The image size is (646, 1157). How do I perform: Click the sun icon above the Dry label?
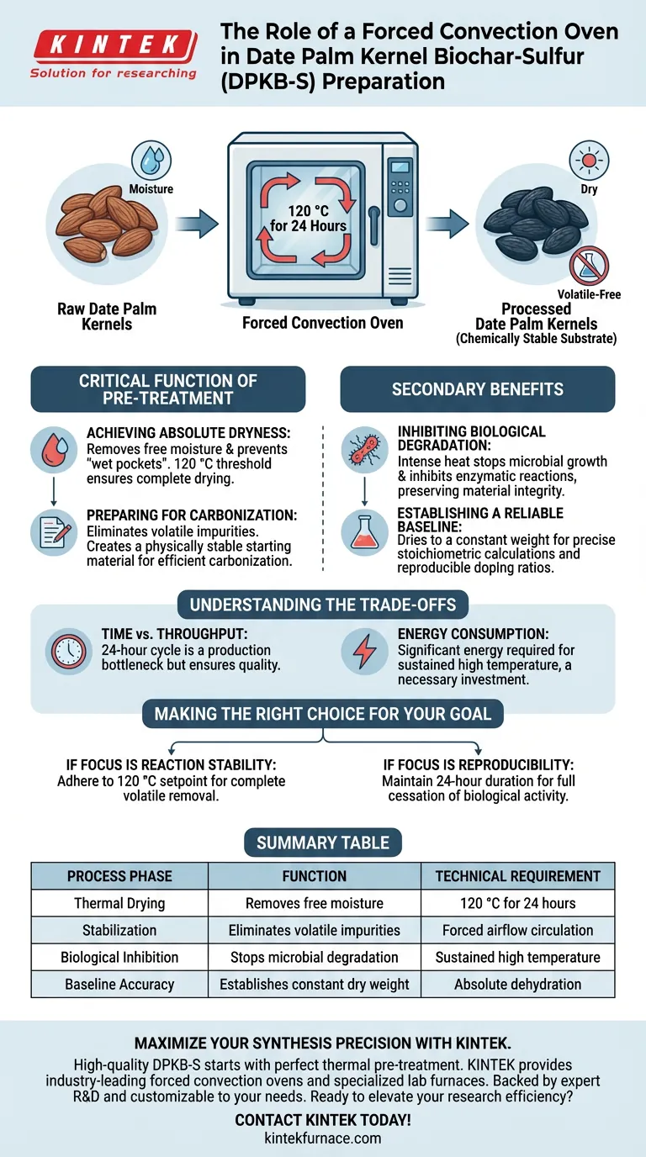click(588, 161)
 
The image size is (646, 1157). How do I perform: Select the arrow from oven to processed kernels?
click(446, 224)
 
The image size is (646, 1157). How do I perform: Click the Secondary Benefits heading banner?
click(477, 389)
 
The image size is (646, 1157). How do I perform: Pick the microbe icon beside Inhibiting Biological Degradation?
click(364, 449)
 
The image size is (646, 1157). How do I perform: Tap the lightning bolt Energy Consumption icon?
click(364, 650)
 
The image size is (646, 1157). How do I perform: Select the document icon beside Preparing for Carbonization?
click(53, 528)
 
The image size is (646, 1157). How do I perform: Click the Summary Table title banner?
click(322, 843)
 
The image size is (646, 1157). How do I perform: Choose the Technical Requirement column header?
click(517, 876)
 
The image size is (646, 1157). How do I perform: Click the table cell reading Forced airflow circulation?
click(517, 930)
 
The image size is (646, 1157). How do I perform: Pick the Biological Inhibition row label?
click(119, 957)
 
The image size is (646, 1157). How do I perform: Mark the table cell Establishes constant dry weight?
click(315, 984)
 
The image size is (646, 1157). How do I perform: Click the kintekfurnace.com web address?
click(322, 1139)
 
